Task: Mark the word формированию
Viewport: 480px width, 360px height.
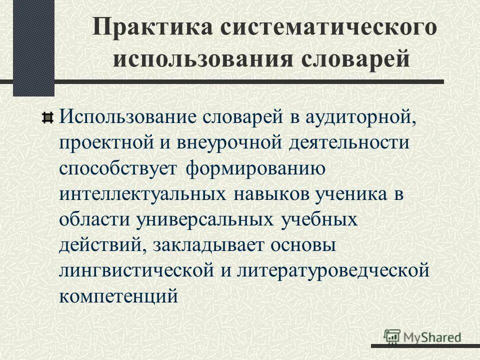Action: (x=256, y=169)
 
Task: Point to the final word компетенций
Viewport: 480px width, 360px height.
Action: (x=118, y=295)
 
